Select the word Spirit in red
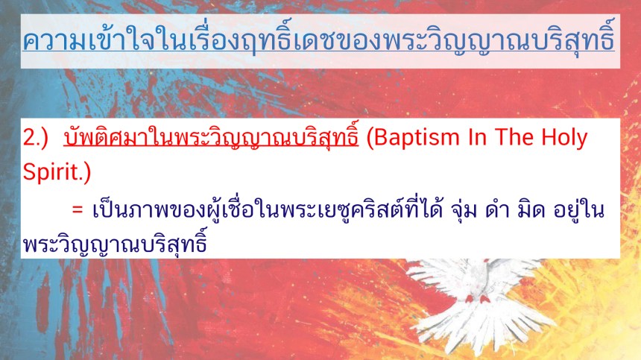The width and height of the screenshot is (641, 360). click(x=50, y=172)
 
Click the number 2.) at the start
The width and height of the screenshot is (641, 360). click(x=36, y=138)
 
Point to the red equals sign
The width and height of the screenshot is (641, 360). click(x=78, y=210)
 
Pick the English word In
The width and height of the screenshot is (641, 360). click(x=477, y=138)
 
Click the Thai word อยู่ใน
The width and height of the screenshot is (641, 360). click(x=578, y=210)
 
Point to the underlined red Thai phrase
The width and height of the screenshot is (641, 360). click(x=211, y=136)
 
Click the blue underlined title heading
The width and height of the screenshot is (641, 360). click(x=319, y=39)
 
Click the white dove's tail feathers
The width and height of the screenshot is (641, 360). click(x=481, y=327)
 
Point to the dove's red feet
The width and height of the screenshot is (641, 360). click(x=477, y=299)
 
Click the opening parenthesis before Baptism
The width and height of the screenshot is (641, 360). click(x=370, y=139)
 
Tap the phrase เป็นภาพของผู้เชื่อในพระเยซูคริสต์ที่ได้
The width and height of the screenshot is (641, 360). click(x=268, y=209)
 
